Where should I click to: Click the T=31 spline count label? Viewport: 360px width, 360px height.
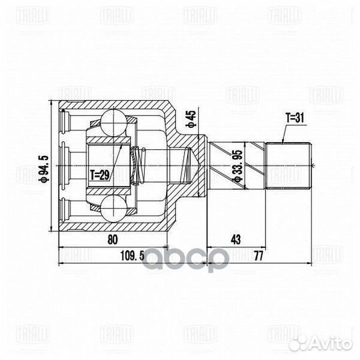[294, 117]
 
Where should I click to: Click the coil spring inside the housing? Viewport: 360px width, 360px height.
[139, 165]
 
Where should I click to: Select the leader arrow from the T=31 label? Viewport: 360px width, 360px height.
[285, 133]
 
